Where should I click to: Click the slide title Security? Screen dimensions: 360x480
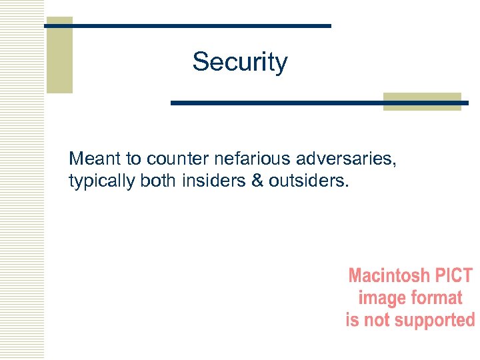240,62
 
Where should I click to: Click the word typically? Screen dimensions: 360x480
102,181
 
